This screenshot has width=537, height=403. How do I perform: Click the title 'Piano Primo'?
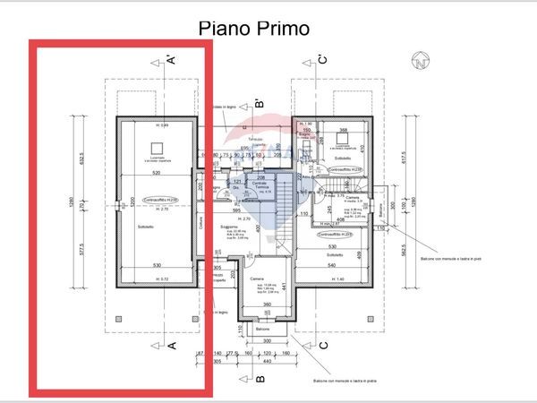point(253,29)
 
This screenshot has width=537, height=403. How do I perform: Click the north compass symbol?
point(418,63)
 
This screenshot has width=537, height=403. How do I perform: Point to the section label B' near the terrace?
point(260,103)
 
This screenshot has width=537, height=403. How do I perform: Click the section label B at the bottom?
point(260,379)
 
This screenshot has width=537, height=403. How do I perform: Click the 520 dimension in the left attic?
point(157,172)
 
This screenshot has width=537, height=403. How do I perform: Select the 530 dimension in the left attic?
point(157,266)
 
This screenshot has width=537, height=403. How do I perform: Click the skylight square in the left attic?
point(157,146)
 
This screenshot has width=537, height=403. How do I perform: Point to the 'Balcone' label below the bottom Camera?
point(262,328)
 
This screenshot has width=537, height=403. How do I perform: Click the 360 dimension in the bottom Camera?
point(266,304)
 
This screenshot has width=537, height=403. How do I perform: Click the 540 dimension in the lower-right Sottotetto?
point(332,266)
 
